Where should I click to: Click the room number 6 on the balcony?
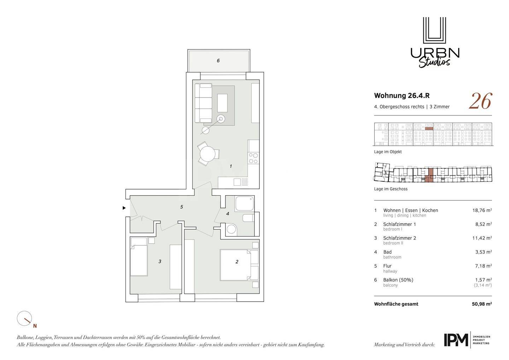218,60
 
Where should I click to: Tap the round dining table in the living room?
207,153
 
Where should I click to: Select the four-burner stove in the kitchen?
253,158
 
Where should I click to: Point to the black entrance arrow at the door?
124,208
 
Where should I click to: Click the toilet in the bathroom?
248,218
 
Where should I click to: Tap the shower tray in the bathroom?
245,204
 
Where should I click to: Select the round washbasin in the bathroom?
231,229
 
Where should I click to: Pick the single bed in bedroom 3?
139,257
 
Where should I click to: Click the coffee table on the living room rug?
222,103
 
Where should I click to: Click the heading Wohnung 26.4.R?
402,95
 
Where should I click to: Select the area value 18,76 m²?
482,210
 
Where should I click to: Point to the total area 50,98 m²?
482,304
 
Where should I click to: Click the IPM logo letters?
456,340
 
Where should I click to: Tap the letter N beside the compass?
35,326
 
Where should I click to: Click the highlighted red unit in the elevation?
429,128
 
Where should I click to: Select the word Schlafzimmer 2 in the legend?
399,238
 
